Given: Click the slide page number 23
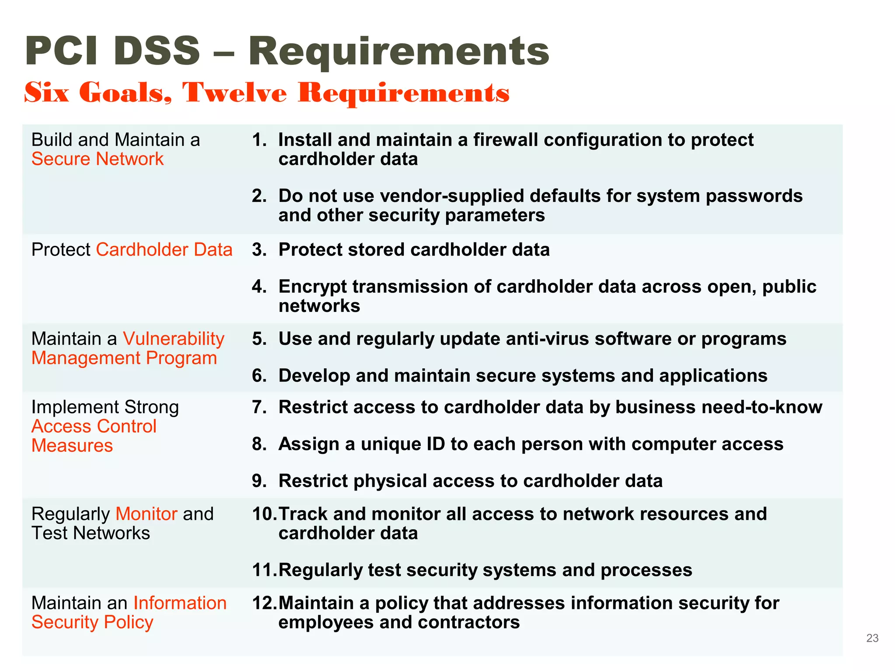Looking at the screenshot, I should [x=872, y=638].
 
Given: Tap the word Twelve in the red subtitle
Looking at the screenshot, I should [x=235, y=93].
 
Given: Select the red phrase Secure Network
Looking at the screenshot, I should [x=97, y=159].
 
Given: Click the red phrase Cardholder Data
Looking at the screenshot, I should [x=164, y=250].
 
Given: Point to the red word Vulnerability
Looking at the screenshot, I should [x=173, y=339].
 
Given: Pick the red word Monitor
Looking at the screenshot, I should [x=146, y=514].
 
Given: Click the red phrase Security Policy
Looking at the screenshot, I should [x=92, y=623].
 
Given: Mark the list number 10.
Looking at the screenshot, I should [x=263, y=514].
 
